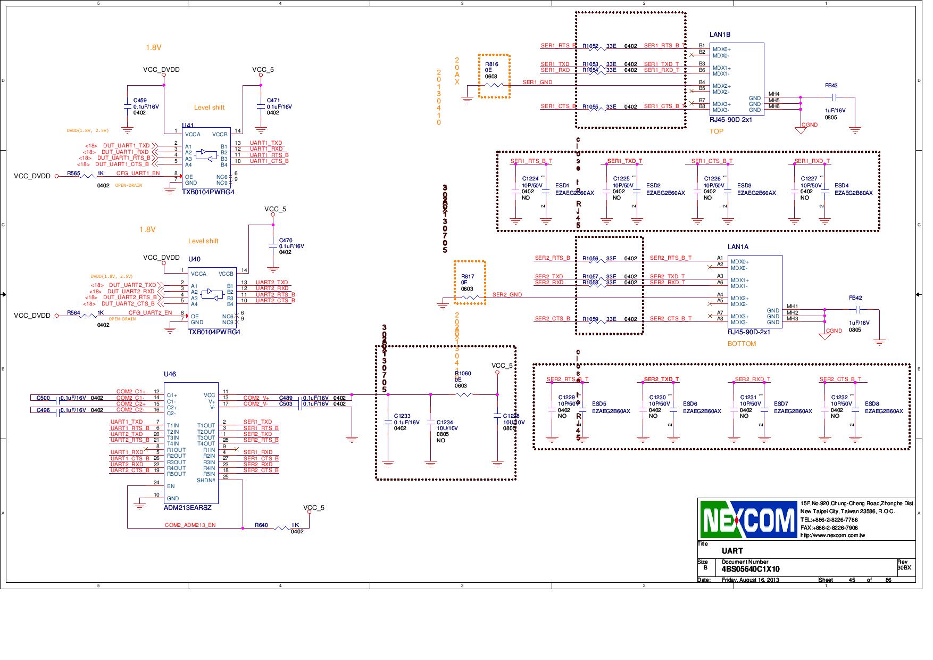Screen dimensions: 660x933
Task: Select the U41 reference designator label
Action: (x=188, y=126)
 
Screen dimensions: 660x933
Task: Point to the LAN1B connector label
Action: (x=720, y=35)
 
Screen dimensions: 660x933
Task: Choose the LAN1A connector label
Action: (x=738, y=247)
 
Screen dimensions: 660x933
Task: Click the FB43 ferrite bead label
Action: (x=831, y=86)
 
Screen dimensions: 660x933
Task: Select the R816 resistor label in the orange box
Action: (x=491, y=64)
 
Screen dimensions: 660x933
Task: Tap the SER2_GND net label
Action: (x=507, y=294)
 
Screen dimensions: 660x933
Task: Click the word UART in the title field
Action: (x=732, y=551)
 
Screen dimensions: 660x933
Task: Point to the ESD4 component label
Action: (x=842, y=186)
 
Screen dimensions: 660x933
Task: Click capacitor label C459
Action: (x=140, y=101)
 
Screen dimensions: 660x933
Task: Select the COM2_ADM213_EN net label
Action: (x=190, y=525)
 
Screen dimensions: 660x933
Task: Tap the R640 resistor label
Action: (x=261, y=525)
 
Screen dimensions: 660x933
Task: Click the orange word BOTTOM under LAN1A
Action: (x=742, y=344)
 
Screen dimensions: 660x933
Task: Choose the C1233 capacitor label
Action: (x=402, y=416)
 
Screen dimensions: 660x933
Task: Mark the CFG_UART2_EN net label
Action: (x=150, y=313)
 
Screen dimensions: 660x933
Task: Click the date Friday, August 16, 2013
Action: (x=750, y=580)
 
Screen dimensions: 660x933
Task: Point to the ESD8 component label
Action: (x=872, y=404)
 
